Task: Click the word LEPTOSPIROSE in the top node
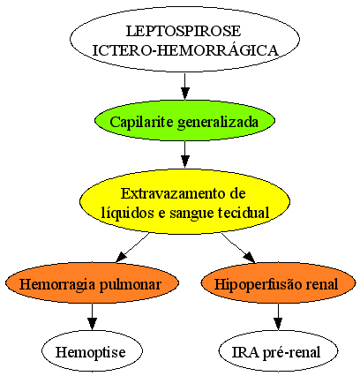[184, 31]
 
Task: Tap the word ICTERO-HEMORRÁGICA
[185, 50]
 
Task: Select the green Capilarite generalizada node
[184, 121]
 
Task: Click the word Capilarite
[141, 122]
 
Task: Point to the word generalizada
[218, 122]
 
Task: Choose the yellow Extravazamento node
[184, 201]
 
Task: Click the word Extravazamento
[170, 194]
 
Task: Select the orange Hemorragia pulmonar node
[92, 282]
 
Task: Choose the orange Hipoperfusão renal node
[278, 282]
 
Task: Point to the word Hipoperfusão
[256, 285]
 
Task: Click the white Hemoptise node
[92, 350]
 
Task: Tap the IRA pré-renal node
[278, 350]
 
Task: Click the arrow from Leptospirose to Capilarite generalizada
[184, 86]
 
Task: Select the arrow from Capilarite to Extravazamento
[184, 154]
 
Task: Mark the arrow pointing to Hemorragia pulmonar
[132, 248]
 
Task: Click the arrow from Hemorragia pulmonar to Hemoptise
[92, 317]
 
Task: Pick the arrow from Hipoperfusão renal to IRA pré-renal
[278, 317]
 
